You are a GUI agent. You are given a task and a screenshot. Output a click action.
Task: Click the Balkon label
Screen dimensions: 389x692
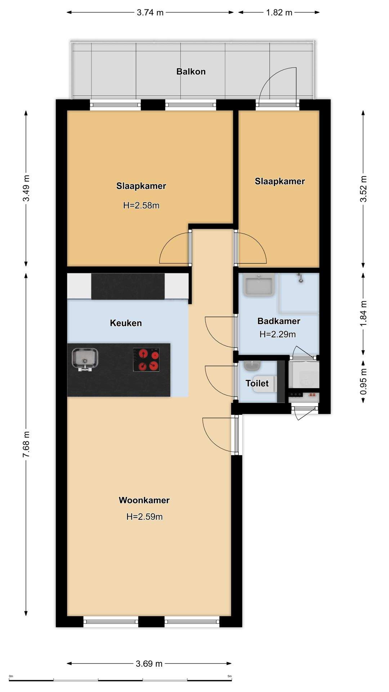click(x=191, y=71)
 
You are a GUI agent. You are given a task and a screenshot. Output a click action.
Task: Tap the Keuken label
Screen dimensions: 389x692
click(x=126, y=323)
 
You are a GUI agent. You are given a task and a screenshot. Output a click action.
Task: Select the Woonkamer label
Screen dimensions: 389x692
click(x=144, y=500)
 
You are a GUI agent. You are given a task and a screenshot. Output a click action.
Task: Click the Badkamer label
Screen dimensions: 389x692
click(x=279, y=321)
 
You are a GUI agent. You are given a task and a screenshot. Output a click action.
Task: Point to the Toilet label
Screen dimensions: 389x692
click(x=257, y=383)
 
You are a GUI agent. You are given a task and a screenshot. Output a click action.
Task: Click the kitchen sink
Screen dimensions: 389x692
click(x=85, y=359)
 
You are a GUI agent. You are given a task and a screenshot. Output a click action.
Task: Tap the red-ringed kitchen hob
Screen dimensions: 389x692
click(x=146, y=360)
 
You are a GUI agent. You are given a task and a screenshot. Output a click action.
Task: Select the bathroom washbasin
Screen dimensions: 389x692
click(x=259, y=285)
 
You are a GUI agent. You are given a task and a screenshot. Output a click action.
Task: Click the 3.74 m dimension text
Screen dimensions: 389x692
click(x=150, y=13)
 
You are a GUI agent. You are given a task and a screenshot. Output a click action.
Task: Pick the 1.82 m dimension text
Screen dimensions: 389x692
click(x=279, y=13)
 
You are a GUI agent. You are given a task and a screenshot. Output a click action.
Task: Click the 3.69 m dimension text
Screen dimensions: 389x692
click(x=149, y=664)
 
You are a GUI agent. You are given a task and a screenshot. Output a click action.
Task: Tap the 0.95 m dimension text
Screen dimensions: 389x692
click(x=363, y=381)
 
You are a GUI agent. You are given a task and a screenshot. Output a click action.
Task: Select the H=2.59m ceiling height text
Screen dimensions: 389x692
click(x=144, y=516)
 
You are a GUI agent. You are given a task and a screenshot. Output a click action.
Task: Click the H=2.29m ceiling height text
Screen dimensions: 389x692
click(x=278, y=334)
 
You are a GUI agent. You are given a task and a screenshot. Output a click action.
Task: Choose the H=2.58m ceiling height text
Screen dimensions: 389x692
click(x=141, y=205)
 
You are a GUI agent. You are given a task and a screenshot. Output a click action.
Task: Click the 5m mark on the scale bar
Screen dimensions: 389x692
click(x=230, y=676)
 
